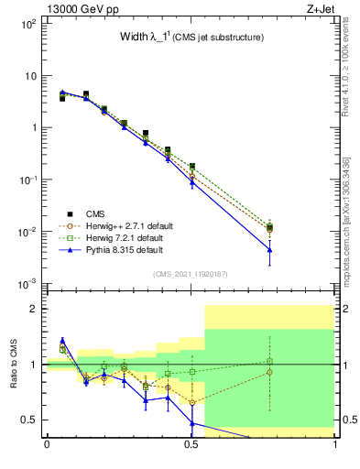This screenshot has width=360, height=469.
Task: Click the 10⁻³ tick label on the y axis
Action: point(27,283)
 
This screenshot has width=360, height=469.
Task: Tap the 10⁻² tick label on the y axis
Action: point(27,232)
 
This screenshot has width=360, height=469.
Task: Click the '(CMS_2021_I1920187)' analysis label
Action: point(191,274)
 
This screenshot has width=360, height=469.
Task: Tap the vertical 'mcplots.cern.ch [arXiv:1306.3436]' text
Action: point(349,216)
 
